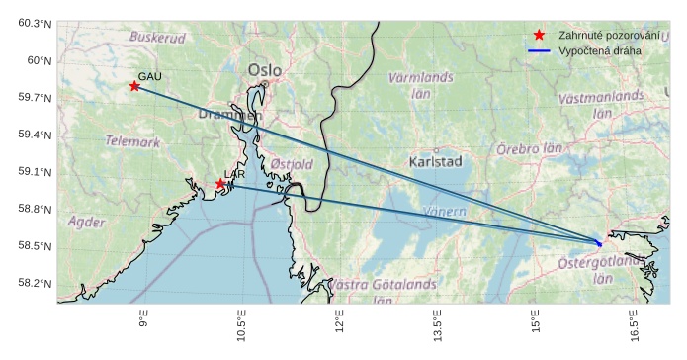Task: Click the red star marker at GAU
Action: point(134,86)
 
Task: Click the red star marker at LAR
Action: point(220,184)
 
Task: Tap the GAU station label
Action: point(149,76)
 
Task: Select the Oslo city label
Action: point(265,70)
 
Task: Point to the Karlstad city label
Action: point(435,160)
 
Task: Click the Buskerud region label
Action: point(157,38)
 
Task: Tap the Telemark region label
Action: point(132,141)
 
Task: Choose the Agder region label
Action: point(86,222)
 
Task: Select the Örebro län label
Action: point(528,147)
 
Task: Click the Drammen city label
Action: point(229,115)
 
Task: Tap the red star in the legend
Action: point(539,35)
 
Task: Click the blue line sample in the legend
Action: point(539,49)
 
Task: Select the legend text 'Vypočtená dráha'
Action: point(599,49)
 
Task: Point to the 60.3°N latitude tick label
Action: point(34,23)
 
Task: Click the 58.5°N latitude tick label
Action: point(34,246)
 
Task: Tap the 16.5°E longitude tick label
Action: point(634,324)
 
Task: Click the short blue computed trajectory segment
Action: point(598,242)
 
